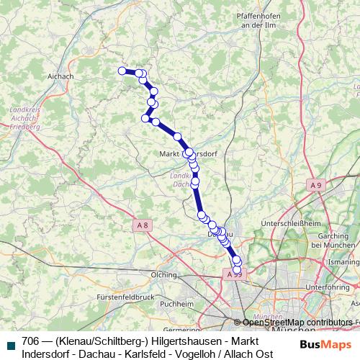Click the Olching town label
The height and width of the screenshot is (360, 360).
(x=163, y=274)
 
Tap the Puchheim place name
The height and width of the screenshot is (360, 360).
(x=177, y=304)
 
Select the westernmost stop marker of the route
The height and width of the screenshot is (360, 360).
(x=122, y=71)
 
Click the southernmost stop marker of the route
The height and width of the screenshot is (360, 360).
(x=238, y=270)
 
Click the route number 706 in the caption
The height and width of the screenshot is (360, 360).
(x=31, y=341)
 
